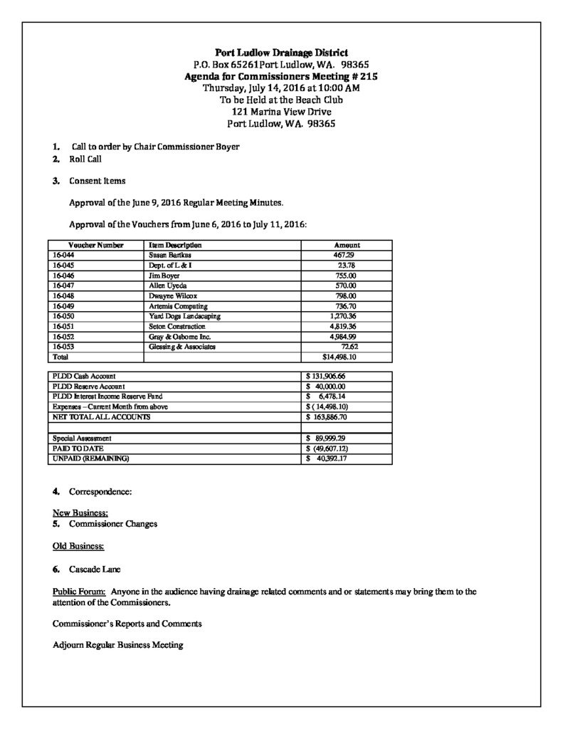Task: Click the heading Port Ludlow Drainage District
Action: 281,52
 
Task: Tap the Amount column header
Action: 347,244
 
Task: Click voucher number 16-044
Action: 63,254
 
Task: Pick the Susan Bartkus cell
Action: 171,254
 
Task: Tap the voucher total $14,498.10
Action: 340,357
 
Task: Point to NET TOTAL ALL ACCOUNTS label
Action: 102,416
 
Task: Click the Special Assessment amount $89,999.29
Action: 325,439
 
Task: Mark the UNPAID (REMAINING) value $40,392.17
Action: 325,459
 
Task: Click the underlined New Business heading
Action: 80,513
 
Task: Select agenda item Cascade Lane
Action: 95,570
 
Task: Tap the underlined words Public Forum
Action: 79,592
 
